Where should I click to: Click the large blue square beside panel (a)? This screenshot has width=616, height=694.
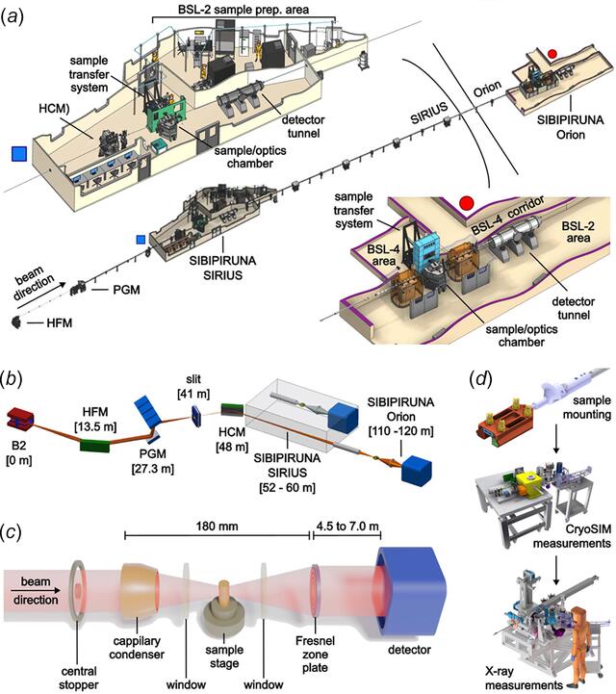coord(19,154)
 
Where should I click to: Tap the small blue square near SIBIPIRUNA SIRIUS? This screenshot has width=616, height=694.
coord(141,240)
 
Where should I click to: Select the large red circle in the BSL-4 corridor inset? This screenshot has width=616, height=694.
coord(467,203)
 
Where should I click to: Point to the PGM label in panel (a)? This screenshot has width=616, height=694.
coord(126,290)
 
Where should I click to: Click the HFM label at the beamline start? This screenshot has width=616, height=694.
coord(60,323)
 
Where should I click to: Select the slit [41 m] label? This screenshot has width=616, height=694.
coord(193,386)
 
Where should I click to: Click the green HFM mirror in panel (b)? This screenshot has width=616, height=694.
coord(95,445)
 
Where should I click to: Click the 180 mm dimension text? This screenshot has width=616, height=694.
coord(217,527)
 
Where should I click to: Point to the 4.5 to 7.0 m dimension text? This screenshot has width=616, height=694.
coord(347,527)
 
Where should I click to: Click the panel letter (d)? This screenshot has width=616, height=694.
coord(480,380)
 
